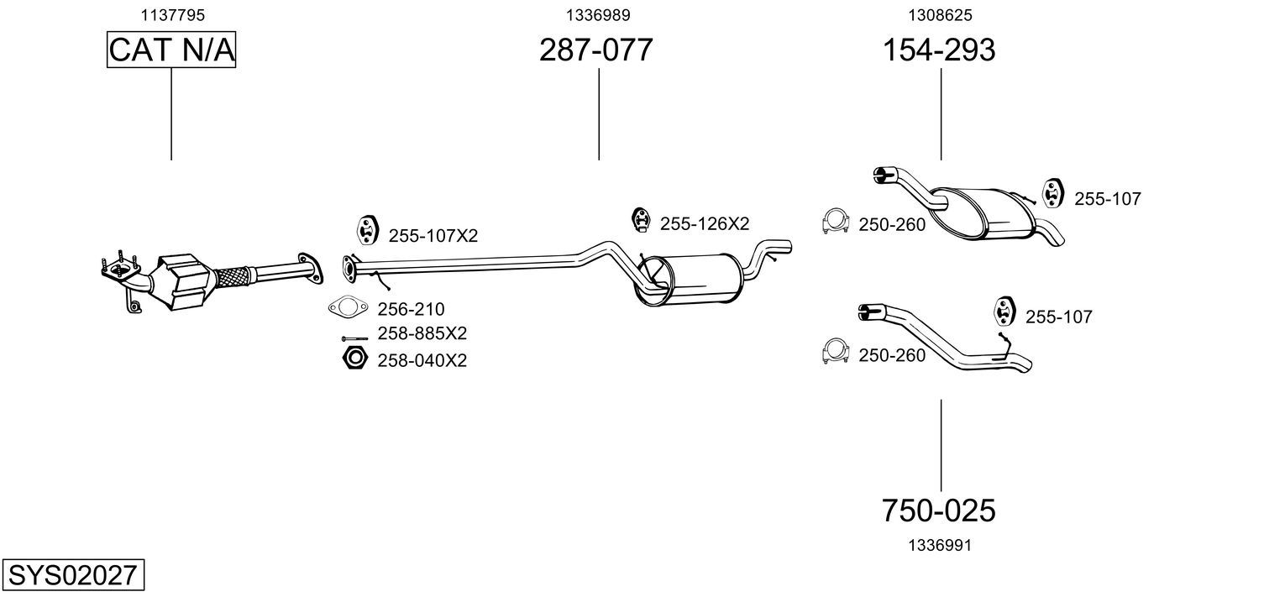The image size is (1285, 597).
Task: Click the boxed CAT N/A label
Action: (171, 50)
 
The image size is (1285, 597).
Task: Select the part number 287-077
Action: (595, 50)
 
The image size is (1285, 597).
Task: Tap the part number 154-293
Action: (938, 50)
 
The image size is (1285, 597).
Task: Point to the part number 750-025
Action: (938, 510)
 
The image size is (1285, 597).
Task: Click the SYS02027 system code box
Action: (72, 576)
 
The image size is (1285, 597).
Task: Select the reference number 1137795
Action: (171, 15)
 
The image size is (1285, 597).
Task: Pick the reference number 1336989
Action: (598, 15)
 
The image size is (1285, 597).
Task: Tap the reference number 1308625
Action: (940, 15)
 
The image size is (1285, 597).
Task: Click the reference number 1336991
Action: (940, 545)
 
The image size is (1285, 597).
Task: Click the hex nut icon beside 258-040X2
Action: (354, 359)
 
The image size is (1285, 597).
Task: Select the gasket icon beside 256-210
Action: (348, 308)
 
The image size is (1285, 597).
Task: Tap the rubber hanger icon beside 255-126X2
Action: (641, 220)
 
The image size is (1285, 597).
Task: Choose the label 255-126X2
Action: (704, 224)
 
